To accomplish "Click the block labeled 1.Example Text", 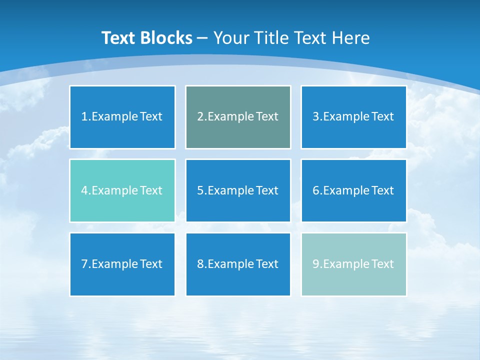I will pyautogui.click(x=122, y=117).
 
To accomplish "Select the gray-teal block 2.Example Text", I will pyautogui.click(x=238, y=117).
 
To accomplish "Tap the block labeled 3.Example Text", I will pyautogui.click(x=353, y=117).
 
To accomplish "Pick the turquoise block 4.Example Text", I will pyautogui.click(x=122, y=190).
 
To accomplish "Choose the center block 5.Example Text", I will pyautogui.click(x=238, y=190).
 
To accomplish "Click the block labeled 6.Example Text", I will pyautogui.click(x=353, y=190).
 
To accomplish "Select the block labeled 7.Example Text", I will pyautogui.click(x=122, y=264).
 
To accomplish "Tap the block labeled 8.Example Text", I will pyautogui.click(x=238, y=264).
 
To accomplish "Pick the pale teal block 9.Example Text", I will pyautogui.click(x=353, y=264).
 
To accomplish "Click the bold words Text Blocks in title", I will pyautogui.click(x=146, y=38).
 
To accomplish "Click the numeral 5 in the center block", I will pyautogui.click(x=200, y=190).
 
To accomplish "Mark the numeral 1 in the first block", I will pyautogui.click(x=84, y=117).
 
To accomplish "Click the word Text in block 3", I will pyautogui.click(x=382, y=117).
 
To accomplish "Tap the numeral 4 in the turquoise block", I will pyautogui.click(x=84, y=190).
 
